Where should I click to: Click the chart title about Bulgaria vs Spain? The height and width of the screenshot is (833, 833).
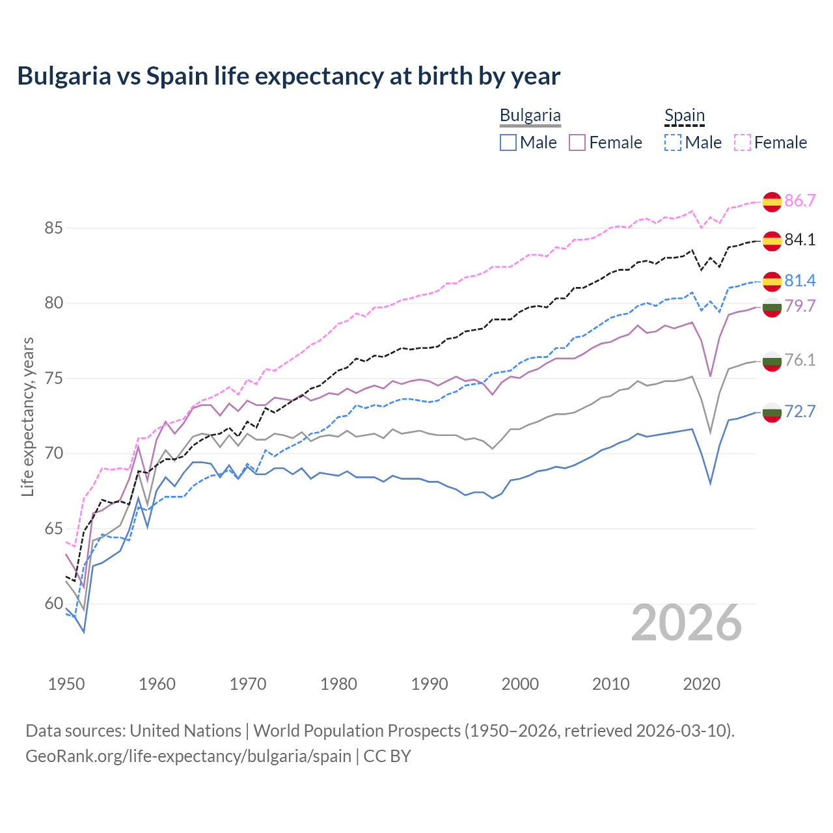(x=288, y=76)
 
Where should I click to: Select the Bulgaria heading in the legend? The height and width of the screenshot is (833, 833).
(x=530, y=115)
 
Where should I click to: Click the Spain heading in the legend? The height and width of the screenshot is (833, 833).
(x=684, y=115)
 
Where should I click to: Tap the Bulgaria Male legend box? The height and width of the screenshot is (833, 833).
(x=508, y=143)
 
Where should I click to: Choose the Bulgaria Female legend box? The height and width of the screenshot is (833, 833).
(x=577, y=143)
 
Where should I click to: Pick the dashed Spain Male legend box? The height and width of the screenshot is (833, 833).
(x=673, y=143)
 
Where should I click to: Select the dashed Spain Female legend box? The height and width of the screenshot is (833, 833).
(x=743, y=143)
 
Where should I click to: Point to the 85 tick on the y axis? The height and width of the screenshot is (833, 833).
(x=53, y=228)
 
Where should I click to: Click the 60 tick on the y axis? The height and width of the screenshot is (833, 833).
(x=53, y=604)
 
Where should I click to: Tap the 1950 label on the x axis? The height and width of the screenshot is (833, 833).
(x=66, y=684)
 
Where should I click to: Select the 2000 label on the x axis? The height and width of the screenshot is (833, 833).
(x=520, y=684)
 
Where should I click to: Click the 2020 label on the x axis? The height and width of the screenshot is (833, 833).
(x=702, y=684)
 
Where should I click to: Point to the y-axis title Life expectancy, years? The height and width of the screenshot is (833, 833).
(x=27, y=416)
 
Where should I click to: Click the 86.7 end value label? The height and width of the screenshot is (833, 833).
(x=800, y=200)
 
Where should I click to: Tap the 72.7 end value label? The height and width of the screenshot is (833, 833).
(x=800, y=411)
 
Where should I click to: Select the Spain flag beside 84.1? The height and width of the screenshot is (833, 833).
(x=772, y=240)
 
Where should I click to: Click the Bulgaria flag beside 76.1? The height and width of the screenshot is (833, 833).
(x=772, y=361)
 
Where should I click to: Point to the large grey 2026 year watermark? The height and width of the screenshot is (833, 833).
(x=687, y=623)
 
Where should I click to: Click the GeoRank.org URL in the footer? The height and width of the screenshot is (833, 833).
(x=188, y=756)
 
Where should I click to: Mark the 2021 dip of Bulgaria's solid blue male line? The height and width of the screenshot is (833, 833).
(x=710, y=483)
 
